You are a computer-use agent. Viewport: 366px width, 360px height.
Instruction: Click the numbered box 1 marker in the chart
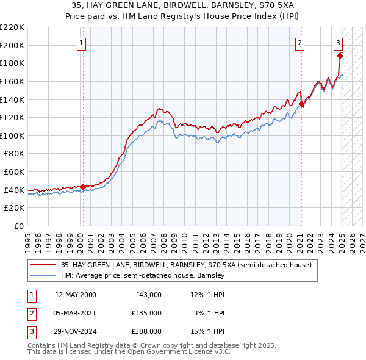pyautogui.click(x=82, y=43)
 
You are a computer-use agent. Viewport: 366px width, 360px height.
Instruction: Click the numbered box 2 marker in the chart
pyautogui.click(x=300, y=43)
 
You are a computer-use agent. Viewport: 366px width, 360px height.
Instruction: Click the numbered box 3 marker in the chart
pyautogui.click(x=338, y=43)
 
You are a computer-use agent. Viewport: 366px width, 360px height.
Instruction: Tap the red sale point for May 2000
pyautogui.click(x=83, y=187)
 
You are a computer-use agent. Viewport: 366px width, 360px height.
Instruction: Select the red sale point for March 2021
pyautogui.click(x=301, y=104)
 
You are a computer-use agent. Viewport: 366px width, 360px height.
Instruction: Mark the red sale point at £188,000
pyautogui.click(x=340, y=56)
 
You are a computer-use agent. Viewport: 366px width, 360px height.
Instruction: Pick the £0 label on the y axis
pyautogui.click(x=18, y=226)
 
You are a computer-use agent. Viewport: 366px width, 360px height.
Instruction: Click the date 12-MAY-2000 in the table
pyautogui.click(x=76, y=295)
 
